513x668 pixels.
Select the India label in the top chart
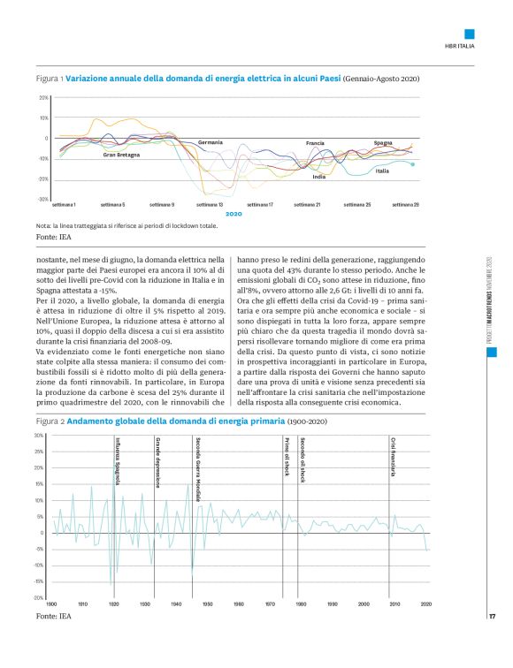coord(318,177)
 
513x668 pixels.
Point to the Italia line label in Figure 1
coord(382,171)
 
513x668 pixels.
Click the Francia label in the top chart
coord(316,142)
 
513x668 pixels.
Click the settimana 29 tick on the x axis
coord(405,204)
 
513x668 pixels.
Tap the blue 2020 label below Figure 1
coord(234,214)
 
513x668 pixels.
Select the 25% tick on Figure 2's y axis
coord(40,452)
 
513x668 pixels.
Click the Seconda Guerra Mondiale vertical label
coord(196,470)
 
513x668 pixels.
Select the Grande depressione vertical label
coord(157,462)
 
